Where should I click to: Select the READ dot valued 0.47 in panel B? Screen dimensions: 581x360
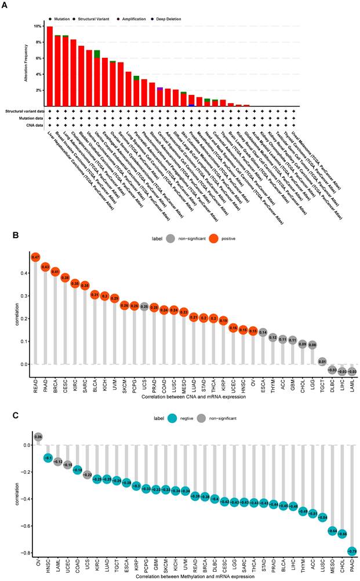35,257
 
